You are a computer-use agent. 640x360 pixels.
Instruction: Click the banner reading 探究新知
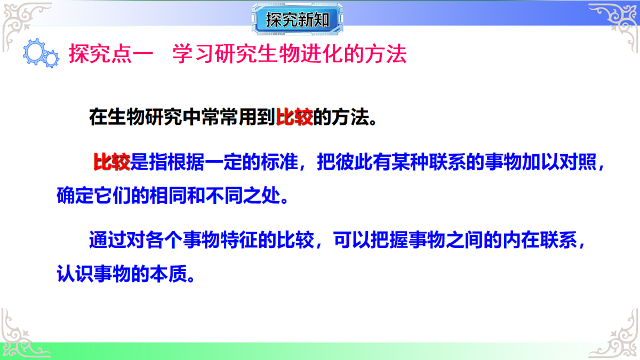pyautogui.click(x=297, y=21)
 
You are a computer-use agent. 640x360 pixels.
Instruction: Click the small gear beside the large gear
pyautogui.click(x=52, y=59)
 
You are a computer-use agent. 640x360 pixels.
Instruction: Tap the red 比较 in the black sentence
pyautogui.click(x=294, y=116)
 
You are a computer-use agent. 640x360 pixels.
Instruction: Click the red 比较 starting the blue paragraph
pyautogui.click(x=111, y=162)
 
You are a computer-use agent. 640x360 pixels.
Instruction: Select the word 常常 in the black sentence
pyautogui.click(x=218, y=116)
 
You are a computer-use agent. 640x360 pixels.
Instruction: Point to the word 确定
pyautogui.click(x=74, y=196)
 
